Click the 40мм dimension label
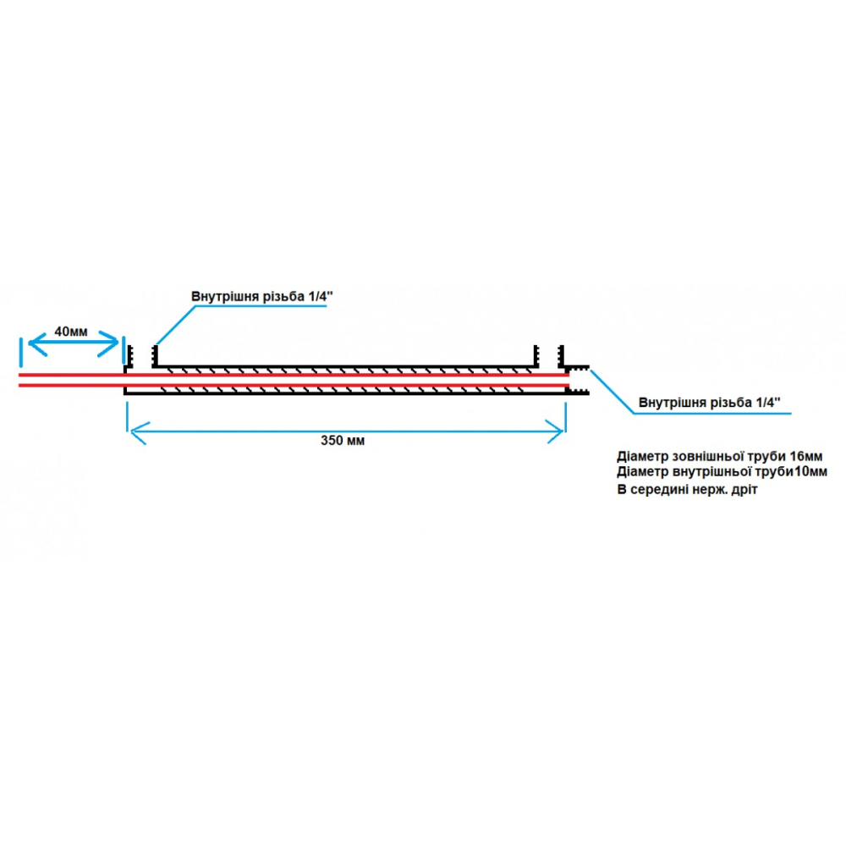click(x=70, y=332)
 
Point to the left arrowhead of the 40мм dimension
click(x=31, y=343)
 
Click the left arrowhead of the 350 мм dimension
click(x=131, y=432)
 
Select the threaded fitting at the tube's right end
click(x=579, y=380)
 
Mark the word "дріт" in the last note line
click(x=742, y=490)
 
